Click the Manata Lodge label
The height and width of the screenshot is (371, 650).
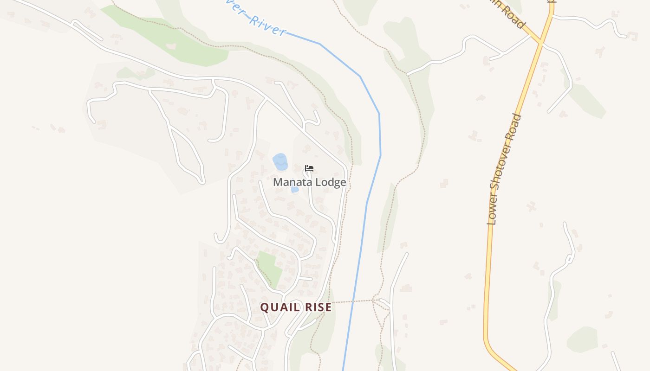click(309, 182)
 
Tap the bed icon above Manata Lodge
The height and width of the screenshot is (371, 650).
click(309, 168)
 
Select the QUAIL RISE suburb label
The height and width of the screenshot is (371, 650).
click(296, 307)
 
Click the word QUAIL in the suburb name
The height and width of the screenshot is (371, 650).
click(278, 307)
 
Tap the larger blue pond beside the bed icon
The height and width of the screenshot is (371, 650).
click(280, 162)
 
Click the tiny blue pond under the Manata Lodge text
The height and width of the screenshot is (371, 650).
click(295, 189)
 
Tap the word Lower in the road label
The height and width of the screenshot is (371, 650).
click(493, 213)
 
